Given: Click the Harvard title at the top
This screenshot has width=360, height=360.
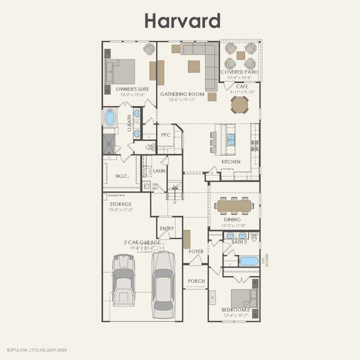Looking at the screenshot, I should (182, 20).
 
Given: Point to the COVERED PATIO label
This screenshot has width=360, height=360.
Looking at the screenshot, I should (239, 72).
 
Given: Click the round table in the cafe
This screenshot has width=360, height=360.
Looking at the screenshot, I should (239, 105).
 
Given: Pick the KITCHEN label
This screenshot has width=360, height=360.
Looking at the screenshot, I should (231, 162).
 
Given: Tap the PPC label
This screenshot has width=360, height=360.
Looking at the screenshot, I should (166, 135).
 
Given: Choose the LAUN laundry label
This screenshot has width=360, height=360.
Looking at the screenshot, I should (159, 171).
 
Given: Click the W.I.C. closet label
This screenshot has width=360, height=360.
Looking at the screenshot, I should (122, 177).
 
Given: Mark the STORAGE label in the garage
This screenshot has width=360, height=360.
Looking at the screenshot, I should (120, 204).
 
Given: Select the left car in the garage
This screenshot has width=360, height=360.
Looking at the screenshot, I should (124, 279).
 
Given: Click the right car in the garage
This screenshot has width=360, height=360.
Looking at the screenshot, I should (163, 284).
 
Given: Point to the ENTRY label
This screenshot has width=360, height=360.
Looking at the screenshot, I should (166, 229).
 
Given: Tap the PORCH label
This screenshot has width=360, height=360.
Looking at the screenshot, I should (196, 281).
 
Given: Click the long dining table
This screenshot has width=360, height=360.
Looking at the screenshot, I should (235, 205).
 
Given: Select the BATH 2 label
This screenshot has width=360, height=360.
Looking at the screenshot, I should (239, 242).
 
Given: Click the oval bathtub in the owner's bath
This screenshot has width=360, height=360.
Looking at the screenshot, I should (110, 118).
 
